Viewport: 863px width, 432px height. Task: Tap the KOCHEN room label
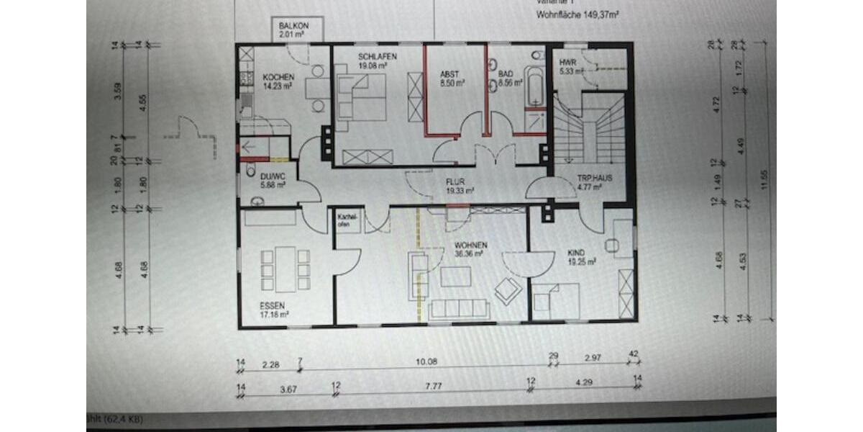coord(276,77)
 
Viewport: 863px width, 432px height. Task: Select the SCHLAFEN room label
coord(378,57)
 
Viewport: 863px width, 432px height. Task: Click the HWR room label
coord(567,63)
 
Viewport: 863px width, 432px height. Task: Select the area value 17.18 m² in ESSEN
coord(274,314)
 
